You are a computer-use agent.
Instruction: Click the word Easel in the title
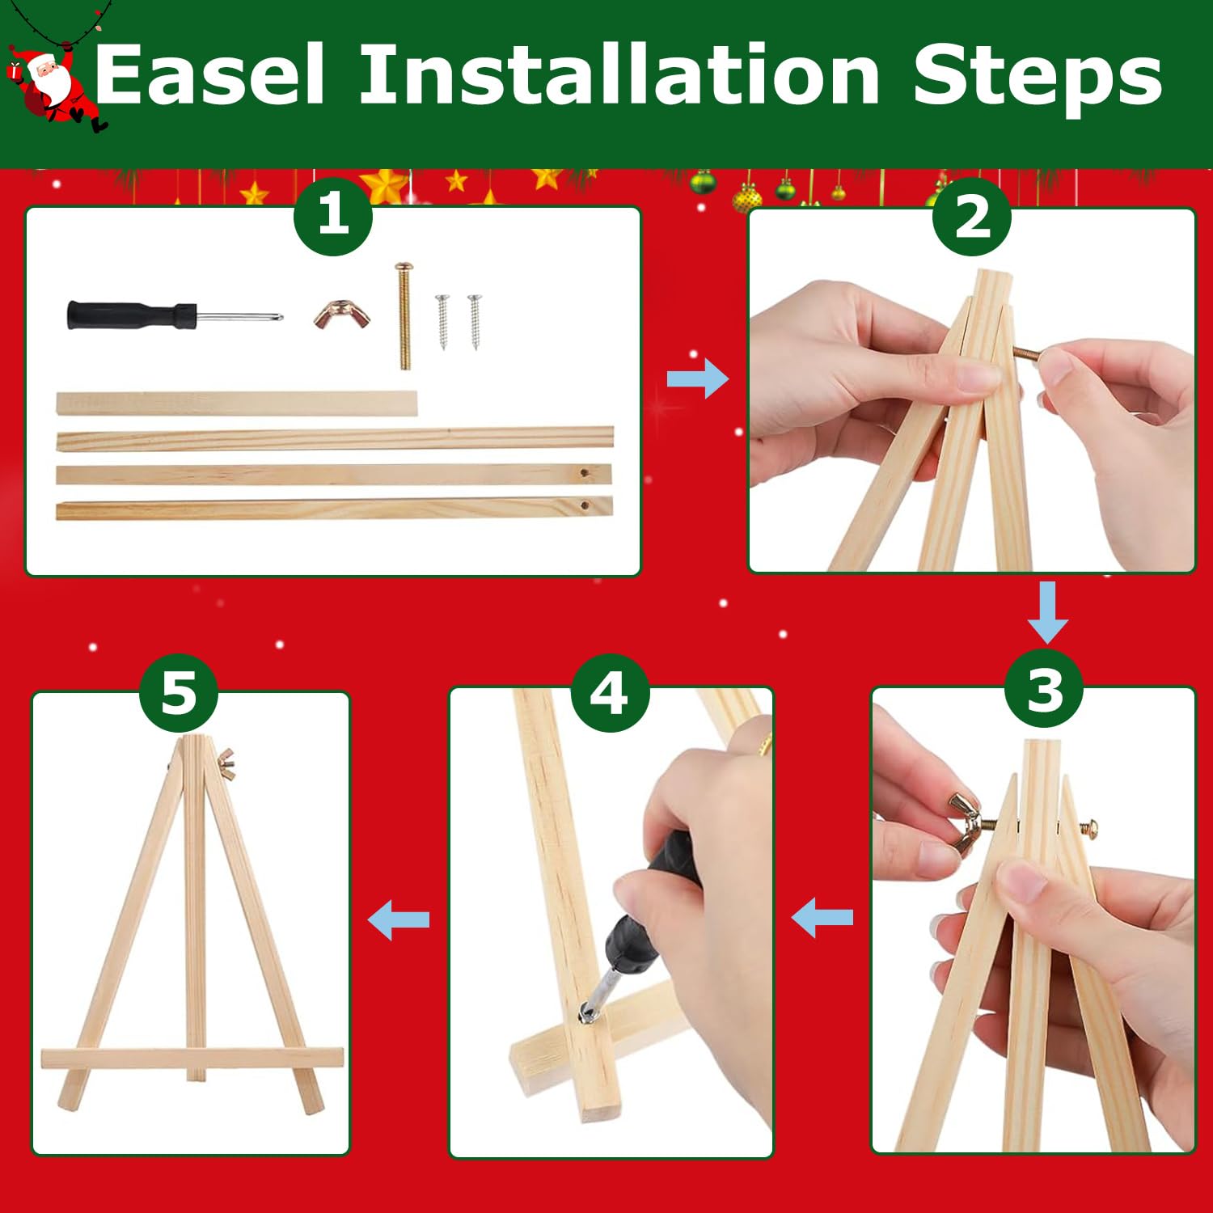point(209,74)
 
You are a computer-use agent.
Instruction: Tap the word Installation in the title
point(619,74)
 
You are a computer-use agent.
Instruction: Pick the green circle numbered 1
point(333,216)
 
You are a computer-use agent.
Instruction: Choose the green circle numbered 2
point(972,218)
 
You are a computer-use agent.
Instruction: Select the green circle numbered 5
point(179,693)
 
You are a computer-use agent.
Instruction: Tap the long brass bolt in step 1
point(404,315)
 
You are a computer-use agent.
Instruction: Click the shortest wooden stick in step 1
point(237,404)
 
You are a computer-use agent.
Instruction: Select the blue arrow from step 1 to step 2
point(697,378)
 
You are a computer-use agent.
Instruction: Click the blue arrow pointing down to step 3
point(1048,612)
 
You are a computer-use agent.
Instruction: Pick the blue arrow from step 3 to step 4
point(822,918)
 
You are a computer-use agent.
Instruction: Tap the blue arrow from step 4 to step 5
point(399,919)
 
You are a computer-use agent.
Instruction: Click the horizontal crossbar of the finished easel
point(192,1059)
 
